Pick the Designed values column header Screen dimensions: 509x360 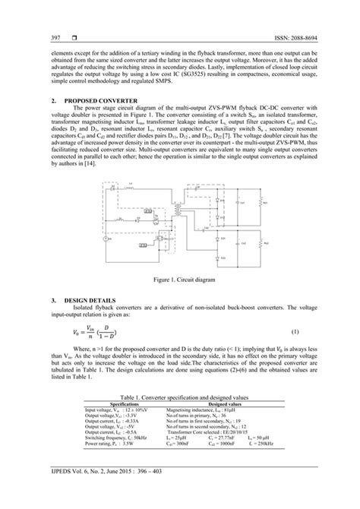(238, 404)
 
